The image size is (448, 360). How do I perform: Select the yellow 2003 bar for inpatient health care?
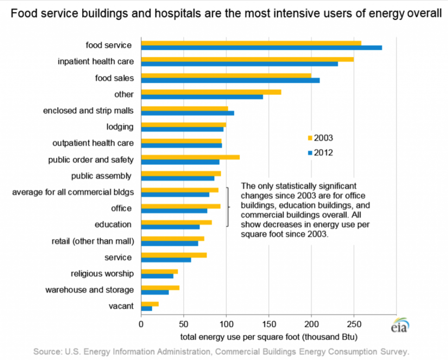coord(247,59)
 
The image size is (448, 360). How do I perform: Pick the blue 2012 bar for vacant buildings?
coord(147,309)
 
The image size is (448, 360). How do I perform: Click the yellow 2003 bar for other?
coord(211,92)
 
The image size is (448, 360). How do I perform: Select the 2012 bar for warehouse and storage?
coord(155,292)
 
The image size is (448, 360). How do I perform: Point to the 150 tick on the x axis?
coord(269,324)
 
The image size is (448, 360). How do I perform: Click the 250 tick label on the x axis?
coord(354,324)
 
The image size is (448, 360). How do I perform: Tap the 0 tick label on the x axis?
coord(141,324)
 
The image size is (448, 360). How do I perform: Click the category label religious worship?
coord(102,274)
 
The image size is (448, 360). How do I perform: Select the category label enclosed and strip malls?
coord(88,111)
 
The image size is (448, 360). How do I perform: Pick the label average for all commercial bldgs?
coord(73,192)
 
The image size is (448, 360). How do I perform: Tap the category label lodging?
coord(119,127)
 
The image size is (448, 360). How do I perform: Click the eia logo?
coord(400,328)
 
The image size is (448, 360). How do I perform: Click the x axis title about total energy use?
coord(269,338)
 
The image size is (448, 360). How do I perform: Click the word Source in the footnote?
coord(45,351)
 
